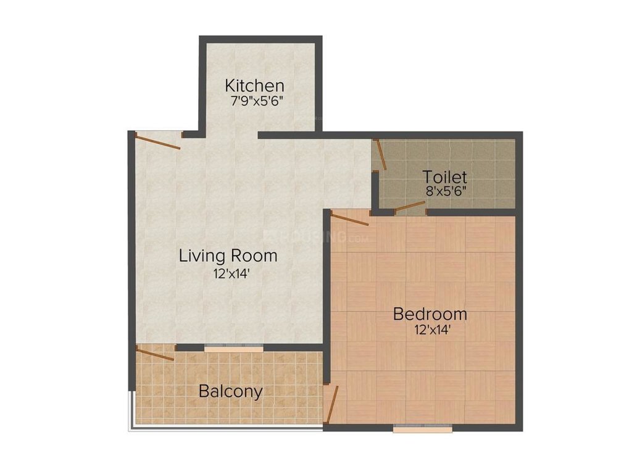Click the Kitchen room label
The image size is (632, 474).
(254, 85)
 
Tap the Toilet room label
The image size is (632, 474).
(444, 177)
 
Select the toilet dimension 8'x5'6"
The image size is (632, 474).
(444, 191)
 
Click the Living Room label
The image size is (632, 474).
(228, 255)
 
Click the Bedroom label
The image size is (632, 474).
(430, 314)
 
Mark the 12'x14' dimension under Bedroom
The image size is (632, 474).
(430, 330)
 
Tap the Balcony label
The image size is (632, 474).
(230, 391)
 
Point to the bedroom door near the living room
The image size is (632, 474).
(350, 216)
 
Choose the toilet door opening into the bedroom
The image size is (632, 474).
(410, 207)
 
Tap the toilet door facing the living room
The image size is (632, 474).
(381, 154)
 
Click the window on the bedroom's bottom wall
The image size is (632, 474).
(422, 428)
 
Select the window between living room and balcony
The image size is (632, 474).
(235, 348)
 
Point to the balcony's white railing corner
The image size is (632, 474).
(131, 428)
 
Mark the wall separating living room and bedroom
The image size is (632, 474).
(326, 278)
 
